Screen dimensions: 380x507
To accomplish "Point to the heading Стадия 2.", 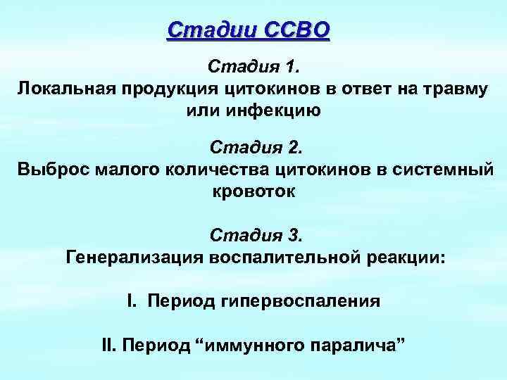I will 254,148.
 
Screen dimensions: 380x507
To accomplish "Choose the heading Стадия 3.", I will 254,233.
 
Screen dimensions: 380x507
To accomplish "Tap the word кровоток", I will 254,191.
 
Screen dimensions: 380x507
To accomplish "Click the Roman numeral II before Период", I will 111,346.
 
